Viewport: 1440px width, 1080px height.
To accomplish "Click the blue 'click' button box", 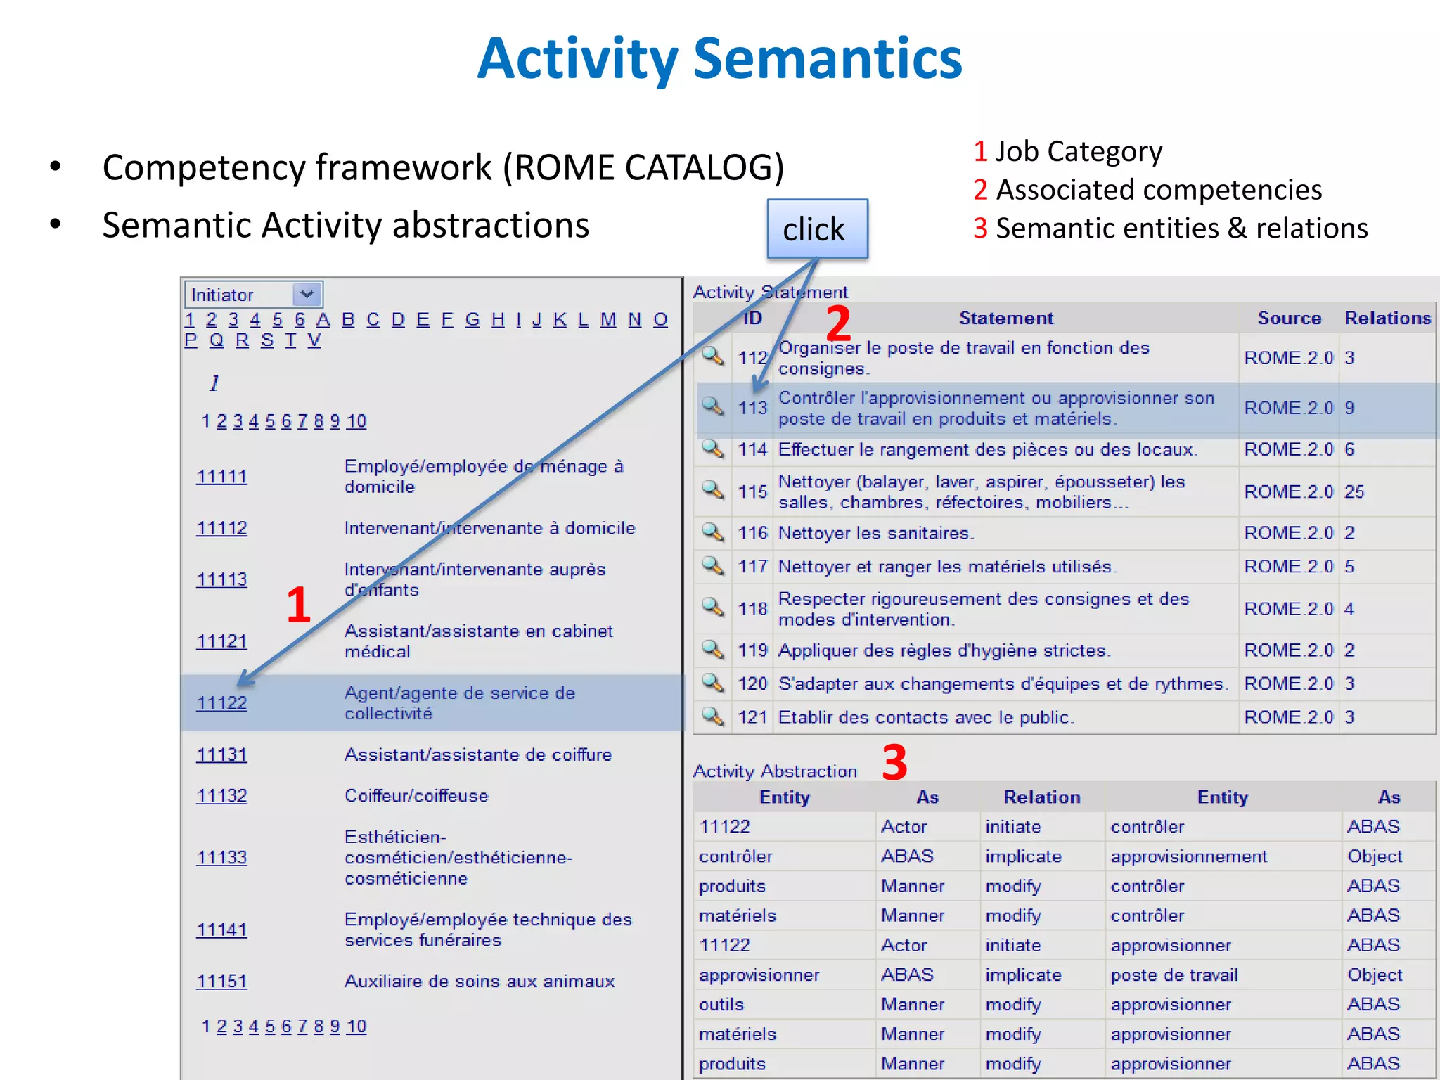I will tap(817, 229).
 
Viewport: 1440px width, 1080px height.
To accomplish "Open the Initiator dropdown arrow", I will tap(307, 294).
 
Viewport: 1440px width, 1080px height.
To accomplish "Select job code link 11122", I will tap(221, 703).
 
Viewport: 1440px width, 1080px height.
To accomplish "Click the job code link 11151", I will tap(221, 982).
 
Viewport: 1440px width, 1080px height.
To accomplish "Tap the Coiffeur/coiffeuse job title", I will tap(416, 796).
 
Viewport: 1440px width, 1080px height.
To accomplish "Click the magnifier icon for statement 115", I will tap(712, 490).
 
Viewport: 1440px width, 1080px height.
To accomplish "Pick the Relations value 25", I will tap(1354, 491).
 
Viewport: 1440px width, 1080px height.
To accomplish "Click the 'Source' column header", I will tap(1289, 319).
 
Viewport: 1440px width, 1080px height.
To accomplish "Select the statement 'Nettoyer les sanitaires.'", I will tap(875, 533).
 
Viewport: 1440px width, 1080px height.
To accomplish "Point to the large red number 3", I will tap(894, 762).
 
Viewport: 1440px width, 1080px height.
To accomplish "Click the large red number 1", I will tap(299, 605).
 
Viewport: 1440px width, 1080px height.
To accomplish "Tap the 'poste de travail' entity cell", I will tap(1174, 975).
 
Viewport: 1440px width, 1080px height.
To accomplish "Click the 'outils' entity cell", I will tap(721, 1005).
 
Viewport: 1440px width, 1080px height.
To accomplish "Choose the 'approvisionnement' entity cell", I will tap(1188, 856).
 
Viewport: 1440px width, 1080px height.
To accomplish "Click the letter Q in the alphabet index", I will tap(217, 340).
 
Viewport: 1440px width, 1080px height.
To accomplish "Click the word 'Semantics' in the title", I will tap(827, 59).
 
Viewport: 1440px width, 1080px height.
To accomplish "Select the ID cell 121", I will tap(752, 717).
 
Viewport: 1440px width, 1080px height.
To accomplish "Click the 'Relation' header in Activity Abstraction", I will tap(1041, 797).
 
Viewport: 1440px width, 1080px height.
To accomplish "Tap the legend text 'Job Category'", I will tap(1079, 152).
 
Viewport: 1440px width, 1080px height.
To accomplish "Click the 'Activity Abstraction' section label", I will tap(775, 771).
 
